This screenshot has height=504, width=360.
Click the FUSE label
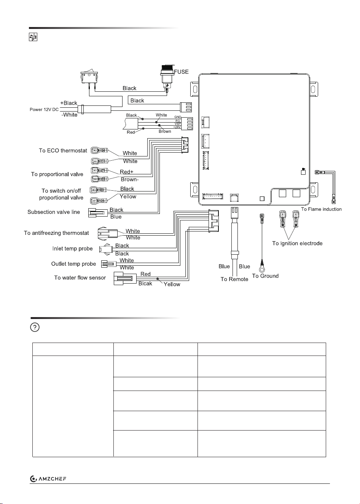(182, 72)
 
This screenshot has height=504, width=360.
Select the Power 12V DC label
(44, 110)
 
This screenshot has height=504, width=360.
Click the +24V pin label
(177, 127)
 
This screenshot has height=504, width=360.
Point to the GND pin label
(177, 117)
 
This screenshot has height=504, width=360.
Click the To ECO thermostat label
(63, 150)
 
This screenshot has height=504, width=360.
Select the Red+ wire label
(127, 172)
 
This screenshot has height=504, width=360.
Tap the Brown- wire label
(130, 179)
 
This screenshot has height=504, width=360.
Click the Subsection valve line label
(54, 212)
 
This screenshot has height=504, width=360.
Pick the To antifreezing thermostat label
(56, 233)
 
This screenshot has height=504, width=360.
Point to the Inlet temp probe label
(72, 249)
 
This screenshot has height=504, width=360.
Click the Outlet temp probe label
(73, 264)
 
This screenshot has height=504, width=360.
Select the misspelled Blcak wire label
(145, 284)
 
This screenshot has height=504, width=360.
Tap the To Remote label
(234, 279)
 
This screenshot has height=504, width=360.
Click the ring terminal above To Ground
(262, 269)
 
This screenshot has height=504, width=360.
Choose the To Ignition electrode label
(297, 244)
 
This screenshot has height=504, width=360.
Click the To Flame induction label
(321, 209)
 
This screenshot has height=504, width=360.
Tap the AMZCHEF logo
(48, 479)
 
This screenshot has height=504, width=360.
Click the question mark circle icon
(35, 327)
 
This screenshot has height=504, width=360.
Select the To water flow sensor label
(80, 278)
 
